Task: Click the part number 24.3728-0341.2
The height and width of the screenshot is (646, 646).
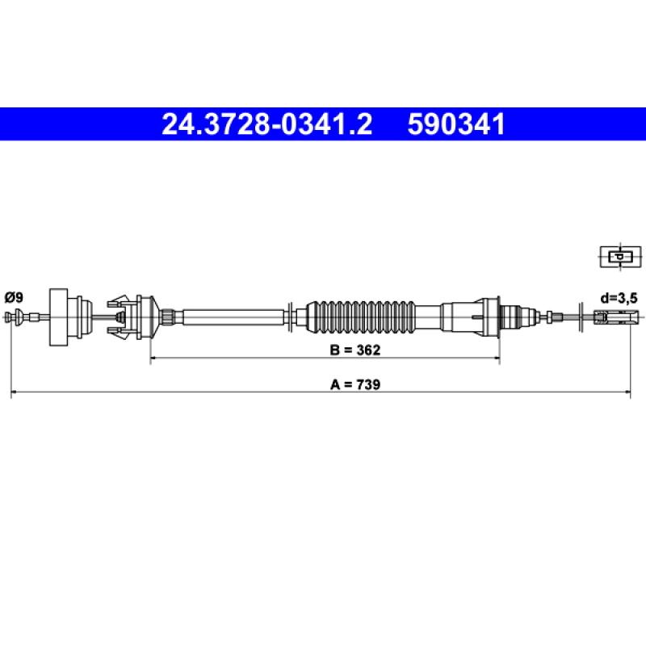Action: (267, 124)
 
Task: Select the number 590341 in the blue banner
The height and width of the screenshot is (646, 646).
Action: (456, 124)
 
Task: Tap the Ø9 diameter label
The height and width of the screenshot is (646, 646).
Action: (15, 297)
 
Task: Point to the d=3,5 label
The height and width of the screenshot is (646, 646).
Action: (619, 298)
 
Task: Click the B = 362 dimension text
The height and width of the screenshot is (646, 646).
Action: (355, 350)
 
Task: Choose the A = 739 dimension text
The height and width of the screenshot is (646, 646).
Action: (355, 384)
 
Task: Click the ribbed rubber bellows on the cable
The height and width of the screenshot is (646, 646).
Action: (361, 317)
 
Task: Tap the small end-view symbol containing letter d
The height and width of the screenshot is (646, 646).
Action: (620, 257)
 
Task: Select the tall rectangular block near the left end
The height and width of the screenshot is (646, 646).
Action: (58, 317)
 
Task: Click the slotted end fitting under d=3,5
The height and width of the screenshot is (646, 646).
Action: (611, 317)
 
